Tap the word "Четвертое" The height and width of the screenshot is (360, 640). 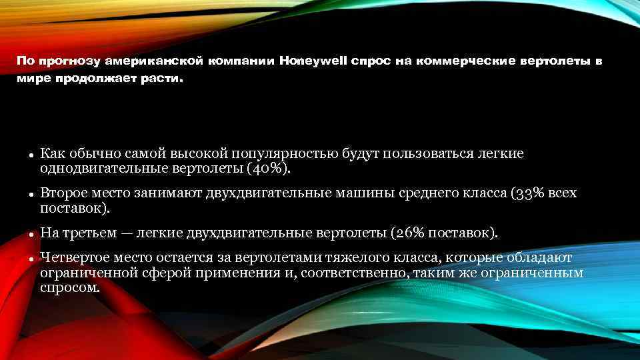point(73,258)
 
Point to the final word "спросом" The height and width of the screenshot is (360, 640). point(69,288)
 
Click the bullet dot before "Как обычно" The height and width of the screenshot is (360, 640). point(31,155)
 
